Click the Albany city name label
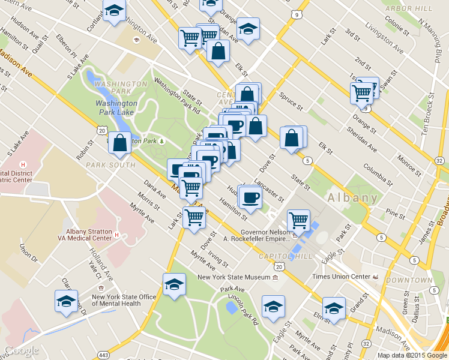352,197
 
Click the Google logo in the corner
22,350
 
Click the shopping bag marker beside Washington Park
119,143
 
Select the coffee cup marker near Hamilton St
250,197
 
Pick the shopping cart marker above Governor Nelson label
298,220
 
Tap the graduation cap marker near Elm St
334,308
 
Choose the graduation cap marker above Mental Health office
66,301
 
